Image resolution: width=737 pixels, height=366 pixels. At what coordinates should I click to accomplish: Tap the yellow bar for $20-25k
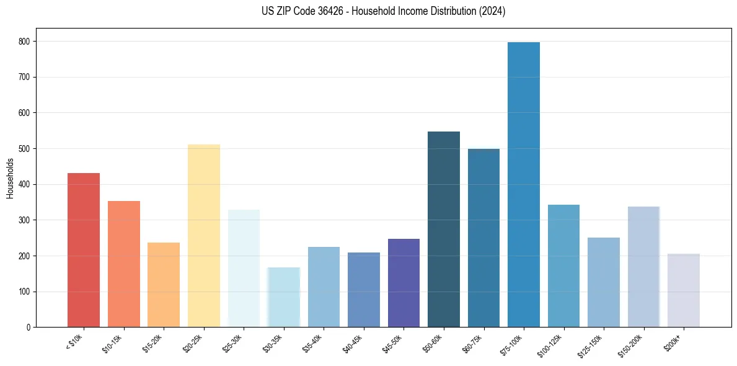pyautogui.click(x=204, y=236)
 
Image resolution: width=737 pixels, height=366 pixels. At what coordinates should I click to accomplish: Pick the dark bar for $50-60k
pyautogui.click(x=444, y=229)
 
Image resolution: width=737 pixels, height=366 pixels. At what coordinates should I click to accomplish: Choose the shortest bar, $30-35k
pyautogui.click(x=284, y=297)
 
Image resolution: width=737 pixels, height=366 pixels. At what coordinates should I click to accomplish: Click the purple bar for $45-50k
pyautogui.click(x=404, y=283)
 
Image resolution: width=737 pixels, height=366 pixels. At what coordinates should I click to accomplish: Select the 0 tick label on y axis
pyautogui.click(x=29, y=328)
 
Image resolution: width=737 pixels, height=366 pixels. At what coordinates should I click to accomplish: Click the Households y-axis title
pyautogui.click(x=10, y=178)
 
